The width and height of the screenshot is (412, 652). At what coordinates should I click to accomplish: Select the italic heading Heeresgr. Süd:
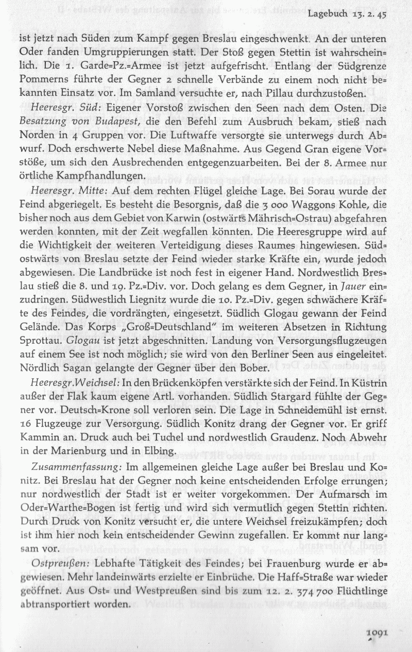pyautogui.click(x=60, y=109)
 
